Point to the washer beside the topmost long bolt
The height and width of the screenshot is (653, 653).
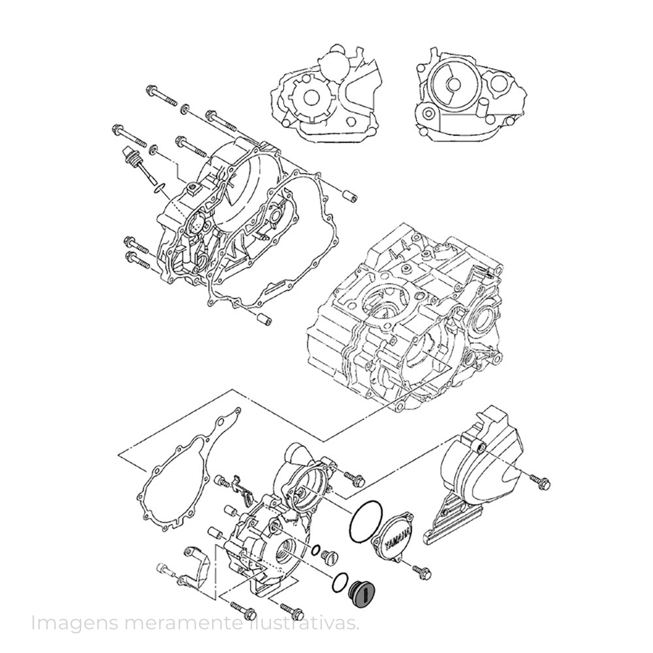[185, 109]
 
